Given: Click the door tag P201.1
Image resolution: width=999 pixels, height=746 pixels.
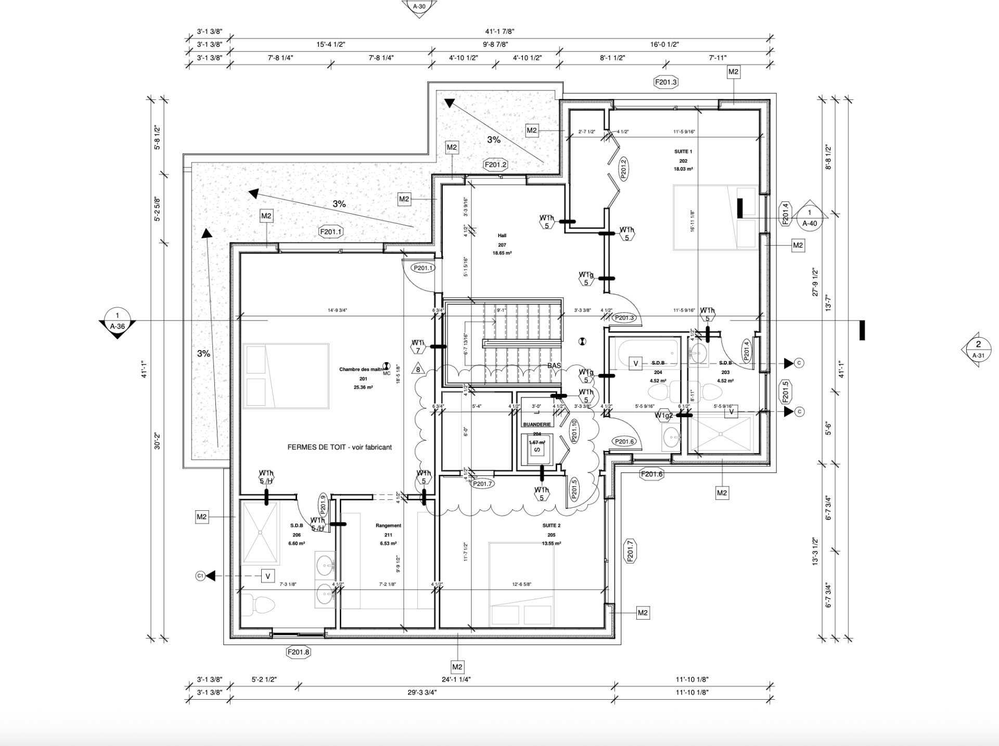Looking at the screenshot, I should pos(423,268).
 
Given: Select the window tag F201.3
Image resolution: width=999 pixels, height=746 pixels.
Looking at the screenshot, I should pos(666,82).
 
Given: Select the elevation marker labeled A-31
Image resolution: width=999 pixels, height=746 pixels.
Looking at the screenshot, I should pos(978,350).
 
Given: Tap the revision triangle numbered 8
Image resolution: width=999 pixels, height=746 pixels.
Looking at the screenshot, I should pos(418,370).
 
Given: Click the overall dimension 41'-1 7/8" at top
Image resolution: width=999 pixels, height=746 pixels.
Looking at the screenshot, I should pos(500,31).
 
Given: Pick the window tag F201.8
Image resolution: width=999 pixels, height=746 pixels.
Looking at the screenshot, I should pos(299,652).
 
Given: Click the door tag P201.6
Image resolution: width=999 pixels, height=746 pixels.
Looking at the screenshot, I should pos(624,441).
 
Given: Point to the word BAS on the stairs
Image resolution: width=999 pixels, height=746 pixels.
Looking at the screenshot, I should pos(554,366).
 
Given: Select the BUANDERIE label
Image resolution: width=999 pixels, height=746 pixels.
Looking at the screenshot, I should pos(537,425).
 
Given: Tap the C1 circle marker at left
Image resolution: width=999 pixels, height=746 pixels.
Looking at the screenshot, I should pos(200,576).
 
